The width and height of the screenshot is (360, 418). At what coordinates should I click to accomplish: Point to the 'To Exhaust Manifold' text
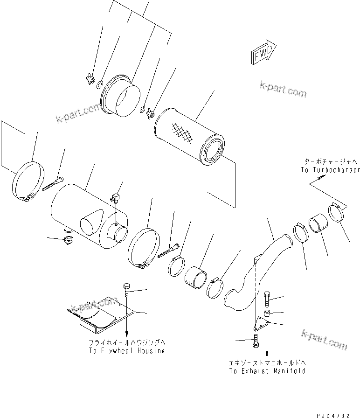[267, 371]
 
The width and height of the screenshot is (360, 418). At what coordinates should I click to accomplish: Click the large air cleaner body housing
[89, 215]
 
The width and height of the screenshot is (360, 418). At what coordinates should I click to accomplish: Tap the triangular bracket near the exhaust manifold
[262, 324]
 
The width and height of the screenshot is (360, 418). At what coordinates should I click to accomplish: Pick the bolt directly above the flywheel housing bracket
[127, 290]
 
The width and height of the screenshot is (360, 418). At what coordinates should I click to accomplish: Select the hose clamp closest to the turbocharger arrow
[338, 213]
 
